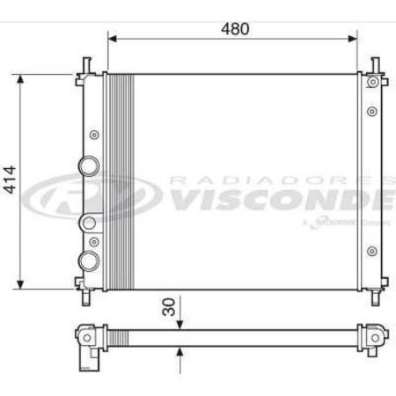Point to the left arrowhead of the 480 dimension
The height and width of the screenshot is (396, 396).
[x=111, y=40]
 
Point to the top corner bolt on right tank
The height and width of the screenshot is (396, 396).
[x=373, y=82]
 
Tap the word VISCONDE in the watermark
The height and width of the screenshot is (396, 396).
[x=282, y=202]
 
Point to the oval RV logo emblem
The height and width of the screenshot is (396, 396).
[x=84, y=197]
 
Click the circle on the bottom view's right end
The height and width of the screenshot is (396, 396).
[x=373, y=336]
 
